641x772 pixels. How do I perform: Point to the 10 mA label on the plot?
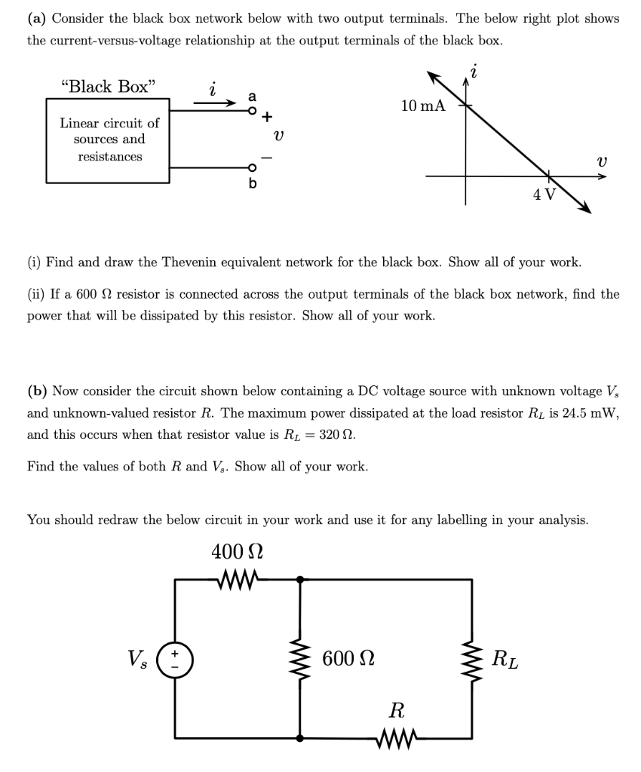tap(423, 106)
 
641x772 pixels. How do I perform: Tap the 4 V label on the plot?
tap(544, 194)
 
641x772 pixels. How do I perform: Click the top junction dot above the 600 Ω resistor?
tap(300, 579)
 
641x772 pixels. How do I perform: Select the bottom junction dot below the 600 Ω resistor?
tap(300, 738)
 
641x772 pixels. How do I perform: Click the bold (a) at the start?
tap(37, 18)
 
